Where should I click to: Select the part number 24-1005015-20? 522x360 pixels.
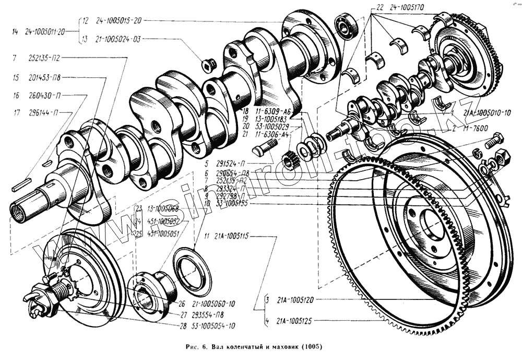pos(118,21)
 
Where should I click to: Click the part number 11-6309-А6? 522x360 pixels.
pos(274,112)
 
